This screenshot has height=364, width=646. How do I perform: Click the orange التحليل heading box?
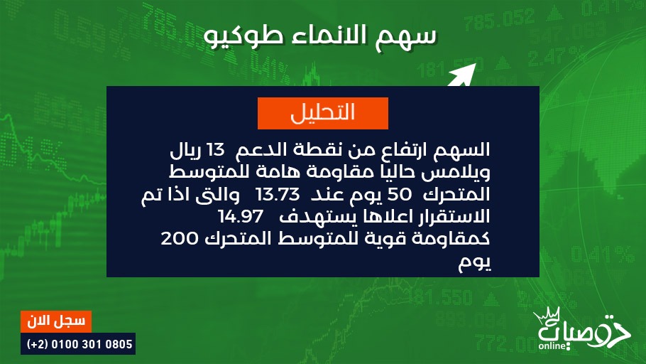(x=322, y=113)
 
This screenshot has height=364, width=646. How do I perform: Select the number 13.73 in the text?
(x=278, y=194)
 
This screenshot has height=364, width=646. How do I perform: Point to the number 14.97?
(x=241, y=216)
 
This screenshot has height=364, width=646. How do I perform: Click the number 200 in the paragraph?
(x=180, y=239)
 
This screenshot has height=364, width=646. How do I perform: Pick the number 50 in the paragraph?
(x=399, y=194)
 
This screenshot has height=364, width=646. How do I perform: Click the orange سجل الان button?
(x=56, y=321)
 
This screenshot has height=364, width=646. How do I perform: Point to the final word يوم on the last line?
(x=475, y=263)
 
